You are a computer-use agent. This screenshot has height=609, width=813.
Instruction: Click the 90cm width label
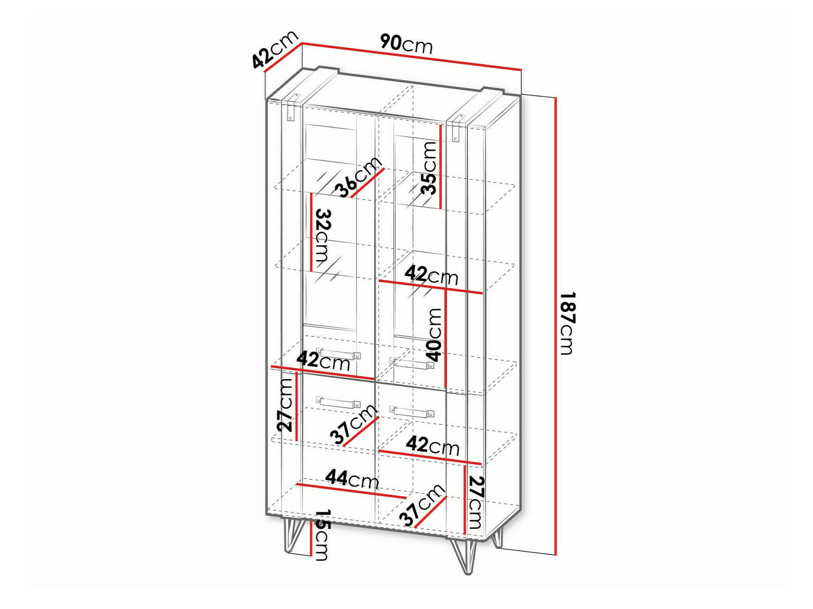tap(406, 43)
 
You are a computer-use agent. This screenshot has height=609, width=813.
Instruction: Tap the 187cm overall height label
tap(566, 323)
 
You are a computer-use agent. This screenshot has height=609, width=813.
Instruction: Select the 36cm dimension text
tap(358, 177)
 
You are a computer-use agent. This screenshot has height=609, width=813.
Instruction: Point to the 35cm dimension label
tap(429, 168)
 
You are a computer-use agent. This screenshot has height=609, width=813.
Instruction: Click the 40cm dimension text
tap(434, 335)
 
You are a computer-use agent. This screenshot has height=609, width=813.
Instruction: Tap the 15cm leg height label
tap(321, 535)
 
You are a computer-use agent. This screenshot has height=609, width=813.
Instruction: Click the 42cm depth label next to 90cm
tap(275, 49)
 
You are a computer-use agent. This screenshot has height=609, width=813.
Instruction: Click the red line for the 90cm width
tap(411, 56)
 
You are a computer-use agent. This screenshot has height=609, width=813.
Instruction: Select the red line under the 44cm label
tap(350, 491)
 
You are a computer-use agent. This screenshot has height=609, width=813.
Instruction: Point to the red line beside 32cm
tap(312, 231)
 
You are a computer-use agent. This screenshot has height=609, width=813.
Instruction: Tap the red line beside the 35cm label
tap(441, 166)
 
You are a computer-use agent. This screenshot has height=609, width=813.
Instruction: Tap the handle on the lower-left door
tap(339, 402)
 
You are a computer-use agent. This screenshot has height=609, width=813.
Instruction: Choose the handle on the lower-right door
tap(412, 411)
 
